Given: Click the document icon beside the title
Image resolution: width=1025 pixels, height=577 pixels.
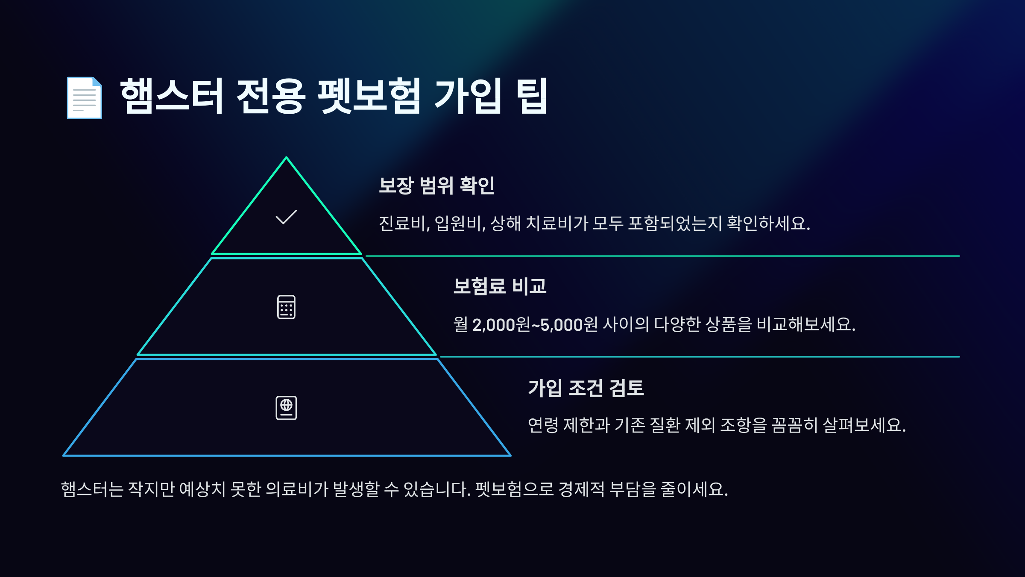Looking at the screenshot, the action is coord(84,98).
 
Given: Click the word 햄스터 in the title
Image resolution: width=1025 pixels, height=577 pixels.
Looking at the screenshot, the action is coord(171,96).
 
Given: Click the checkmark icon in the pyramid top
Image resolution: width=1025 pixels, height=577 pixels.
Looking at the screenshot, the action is coord(286,217).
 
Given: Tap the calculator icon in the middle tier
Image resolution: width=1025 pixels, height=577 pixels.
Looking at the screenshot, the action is coord(286,307).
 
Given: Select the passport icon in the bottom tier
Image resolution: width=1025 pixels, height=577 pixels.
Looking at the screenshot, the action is coord(286,408).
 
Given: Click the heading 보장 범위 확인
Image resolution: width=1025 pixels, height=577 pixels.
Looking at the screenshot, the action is coord(436,185).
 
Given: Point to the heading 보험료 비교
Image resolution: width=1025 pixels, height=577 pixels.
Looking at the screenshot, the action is coord(500,286).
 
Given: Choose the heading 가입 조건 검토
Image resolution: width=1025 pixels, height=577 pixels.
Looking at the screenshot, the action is coord(586,388).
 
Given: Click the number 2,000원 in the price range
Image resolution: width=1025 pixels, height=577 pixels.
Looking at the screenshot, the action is coord(501,325).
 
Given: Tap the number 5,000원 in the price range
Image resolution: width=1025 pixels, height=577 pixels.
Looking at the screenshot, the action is coord(569,325).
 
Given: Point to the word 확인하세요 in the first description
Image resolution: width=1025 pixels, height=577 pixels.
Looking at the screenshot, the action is coord(768,224).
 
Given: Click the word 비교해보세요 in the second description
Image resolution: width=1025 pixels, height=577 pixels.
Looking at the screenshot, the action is coord(805,324).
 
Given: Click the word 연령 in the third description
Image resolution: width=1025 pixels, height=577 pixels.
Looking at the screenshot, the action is coord(543,425).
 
